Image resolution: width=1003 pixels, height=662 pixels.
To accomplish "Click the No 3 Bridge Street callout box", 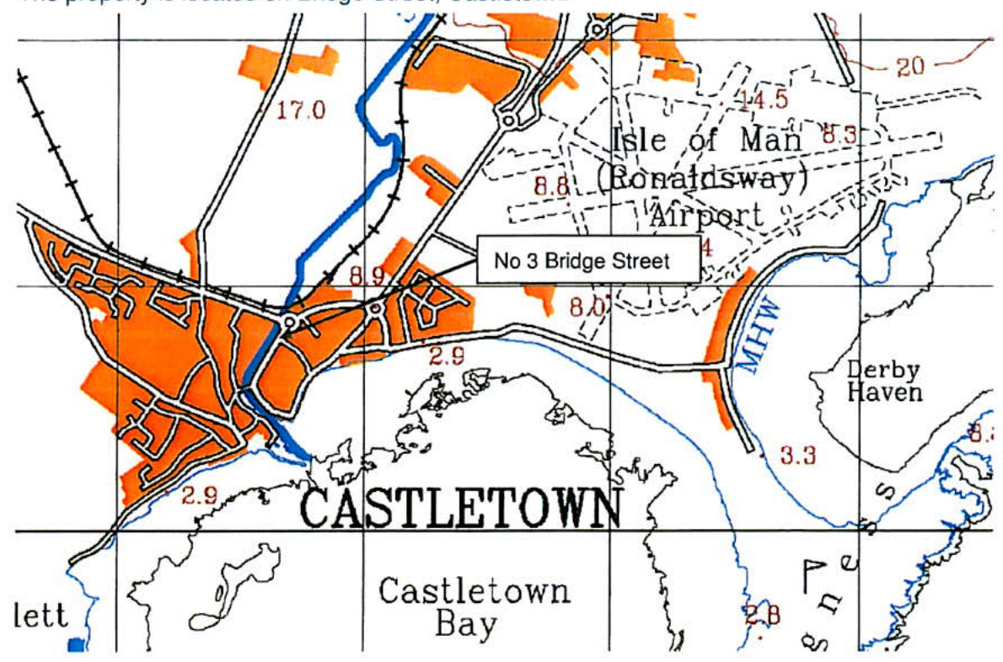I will click(587, 260).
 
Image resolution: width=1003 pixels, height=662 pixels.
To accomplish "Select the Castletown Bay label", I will click(475, 606).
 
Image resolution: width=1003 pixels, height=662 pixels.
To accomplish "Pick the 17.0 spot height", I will click(301, 109).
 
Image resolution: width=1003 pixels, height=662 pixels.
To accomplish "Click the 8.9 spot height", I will click(366, 275).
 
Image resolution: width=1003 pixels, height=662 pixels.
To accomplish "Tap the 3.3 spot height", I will click(797, 456).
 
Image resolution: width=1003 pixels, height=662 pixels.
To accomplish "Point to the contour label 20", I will click(909, 67).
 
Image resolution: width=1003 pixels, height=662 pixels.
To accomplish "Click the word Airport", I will click(706, 216).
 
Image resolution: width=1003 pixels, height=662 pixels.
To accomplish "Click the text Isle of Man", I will click(706, 139).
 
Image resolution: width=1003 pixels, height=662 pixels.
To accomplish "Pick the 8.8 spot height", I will click(550, 187).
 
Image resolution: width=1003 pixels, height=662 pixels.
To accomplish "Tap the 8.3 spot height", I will click(839, 133).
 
